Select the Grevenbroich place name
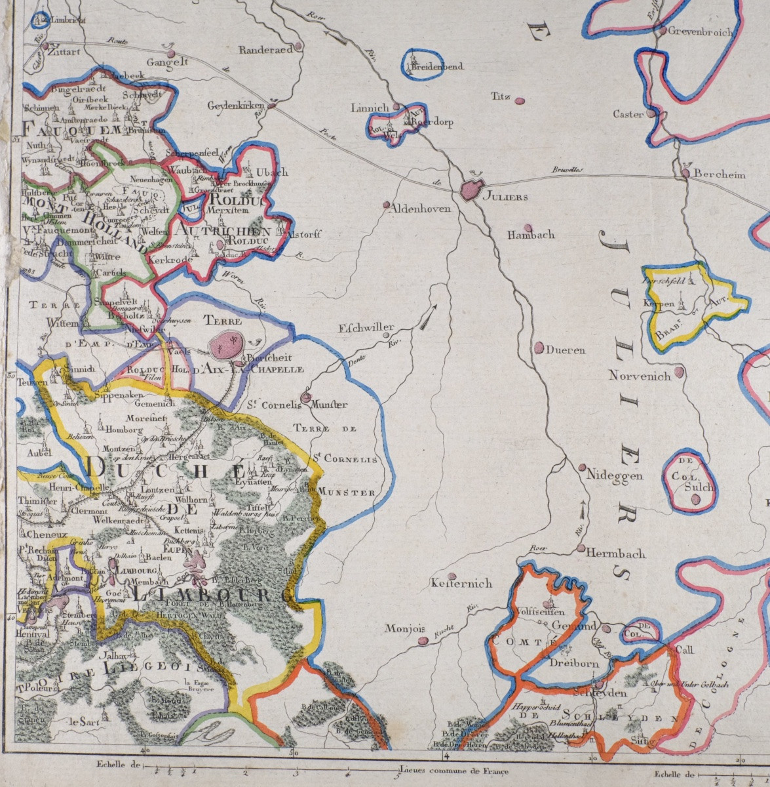point(699,32)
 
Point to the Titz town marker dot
point(520,101)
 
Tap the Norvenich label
point(640,376)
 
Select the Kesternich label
point(462,582)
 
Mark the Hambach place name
point(531,234)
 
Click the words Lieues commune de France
point(453,771)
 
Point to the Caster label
point(628,114)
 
